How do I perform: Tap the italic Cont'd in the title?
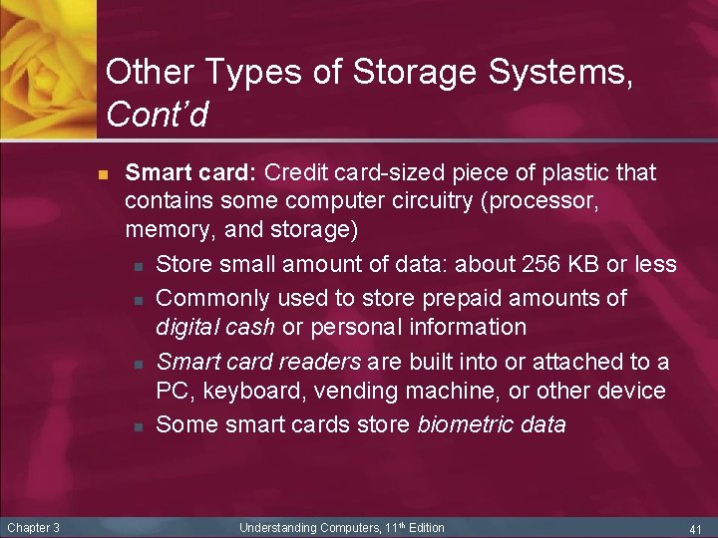[157, 117]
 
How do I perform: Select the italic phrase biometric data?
[491, 424]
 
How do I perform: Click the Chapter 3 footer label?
[33, 527]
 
